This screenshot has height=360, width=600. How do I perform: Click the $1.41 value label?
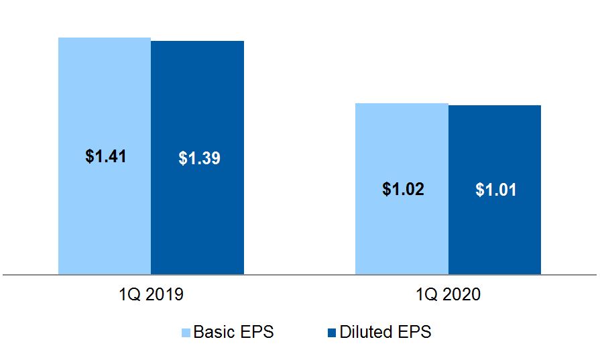[x=106, y=156]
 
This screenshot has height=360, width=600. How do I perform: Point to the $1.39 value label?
[x=199, y=158]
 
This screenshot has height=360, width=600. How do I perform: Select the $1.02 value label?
[x=403, y=189]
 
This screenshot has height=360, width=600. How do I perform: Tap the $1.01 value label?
[x=496, y=190]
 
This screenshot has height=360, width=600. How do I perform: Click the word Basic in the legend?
[x=211, y=332]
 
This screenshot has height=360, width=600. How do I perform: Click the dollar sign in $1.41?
[x=90, y=156]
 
